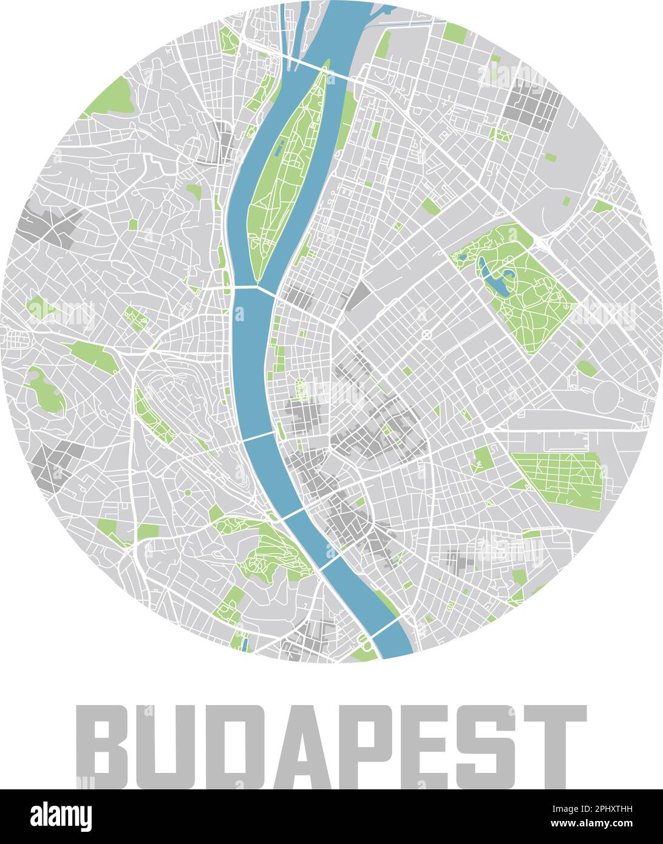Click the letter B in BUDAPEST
coord(102,746)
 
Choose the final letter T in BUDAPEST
coord(555,746)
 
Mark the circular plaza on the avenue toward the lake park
coord(426,334)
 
